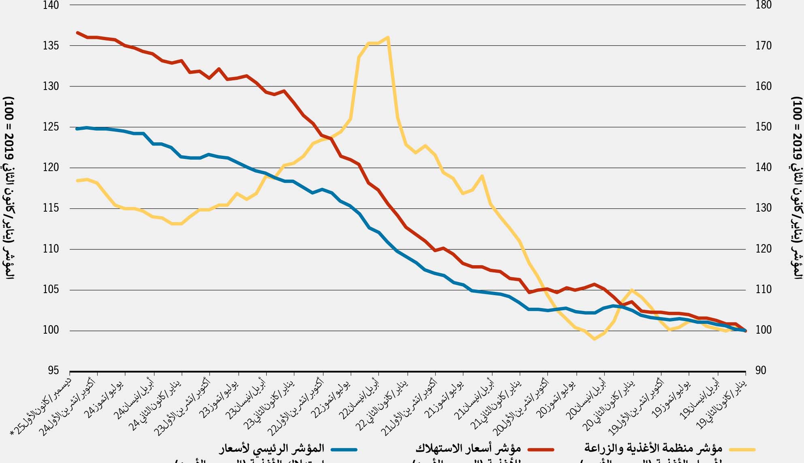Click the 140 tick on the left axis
tap(51, 5)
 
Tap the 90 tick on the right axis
tap(761, 371)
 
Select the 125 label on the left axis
tap(51, 127)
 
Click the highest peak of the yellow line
tap(388, 37)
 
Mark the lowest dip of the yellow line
tap(594, 339)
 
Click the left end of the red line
tap(77, 32)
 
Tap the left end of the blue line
tap(77, 129)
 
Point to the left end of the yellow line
tap(77, 180)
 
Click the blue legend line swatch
tap(344, 449)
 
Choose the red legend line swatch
tap(541, 449)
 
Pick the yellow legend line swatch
tap(742, 449)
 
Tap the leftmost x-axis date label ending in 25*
tap(43, 405)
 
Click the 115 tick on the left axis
tap(51, 208)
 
